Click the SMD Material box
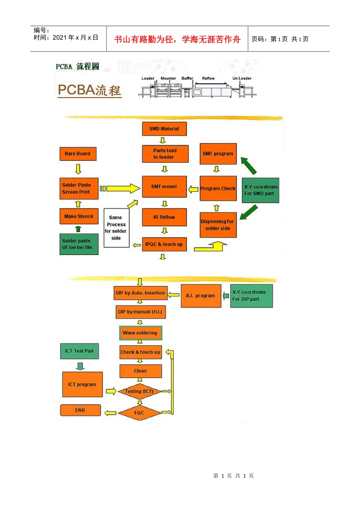[164, 129]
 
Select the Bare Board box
[78, 154]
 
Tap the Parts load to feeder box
[165, 154]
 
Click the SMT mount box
[164, 186]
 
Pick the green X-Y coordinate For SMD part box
[260, 190]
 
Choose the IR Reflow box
[164, 217]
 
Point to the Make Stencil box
[79, 216]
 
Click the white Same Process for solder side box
[116, 228]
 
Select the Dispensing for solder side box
[218, 225]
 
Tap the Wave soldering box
[140, 333]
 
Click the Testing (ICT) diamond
[139, 391]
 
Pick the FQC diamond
[139, 413]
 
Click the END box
[80, 410]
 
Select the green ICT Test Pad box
[79, 351]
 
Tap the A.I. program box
[200, 296]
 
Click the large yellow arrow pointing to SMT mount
[121, 188]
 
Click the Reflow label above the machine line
[208, 78]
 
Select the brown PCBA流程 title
[89, 90]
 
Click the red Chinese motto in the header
[177, 39]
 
